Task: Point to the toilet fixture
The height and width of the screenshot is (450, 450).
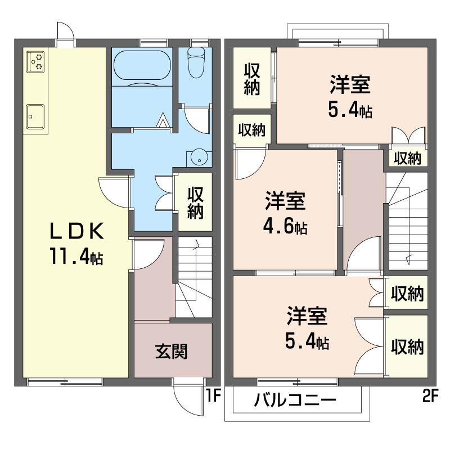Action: click(196, 62)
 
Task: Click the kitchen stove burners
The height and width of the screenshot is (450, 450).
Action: click(36, 61)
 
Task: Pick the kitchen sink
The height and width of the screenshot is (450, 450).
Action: click(36, 116)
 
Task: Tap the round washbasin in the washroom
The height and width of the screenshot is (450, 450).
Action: click(199, 157)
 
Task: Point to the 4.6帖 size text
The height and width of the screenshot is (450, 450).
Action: click(285, 227)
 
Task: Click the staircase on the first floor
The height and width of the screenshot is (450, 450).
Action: click(194, 278)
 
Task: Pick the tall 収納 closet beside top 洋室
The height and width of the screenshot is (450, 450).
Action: click(251, 79)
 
